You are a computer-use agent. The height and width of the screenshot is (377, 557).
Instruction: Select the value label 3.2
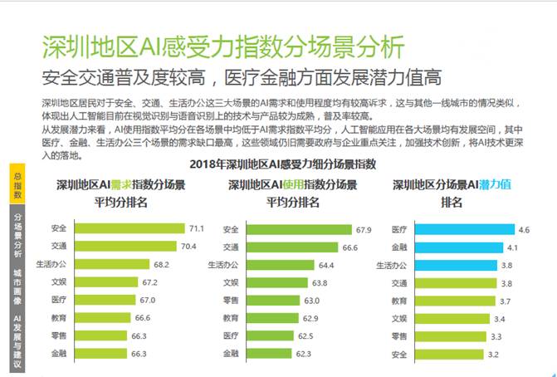[492, 355]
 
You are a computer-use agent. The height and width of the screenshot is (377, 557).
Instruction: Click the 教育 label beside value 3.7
[398, 301]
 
